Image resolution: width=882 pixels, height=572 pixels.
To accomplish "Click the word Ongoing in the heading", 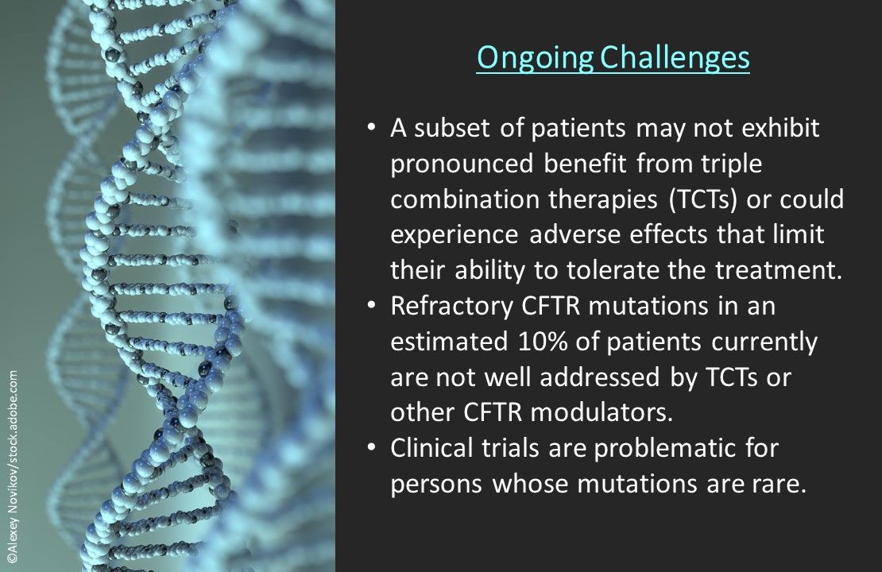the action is [535, 58].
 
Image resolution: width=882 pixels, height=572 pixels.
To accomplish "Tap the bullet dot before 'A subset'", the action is [371, 127].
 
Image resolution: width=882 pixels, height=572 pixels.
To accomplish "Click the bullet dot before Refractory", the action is [371, 305].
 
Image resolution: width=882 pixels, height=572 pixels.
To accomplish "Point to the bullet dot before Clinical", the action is [371, 447].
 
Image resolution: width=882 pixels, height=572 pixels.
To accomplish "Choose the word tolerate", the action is [613, 271].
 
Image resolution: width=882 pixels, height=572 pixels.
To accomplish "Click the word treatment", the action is [779, 271].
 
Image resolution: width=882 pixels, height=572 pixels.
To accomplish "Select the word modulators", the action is [602, 413].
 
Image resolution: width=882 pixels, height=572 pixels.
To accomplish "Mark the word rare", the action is [779, 485].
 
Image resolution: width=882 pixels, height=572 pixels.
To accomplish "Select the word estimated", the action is [449, 342].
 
